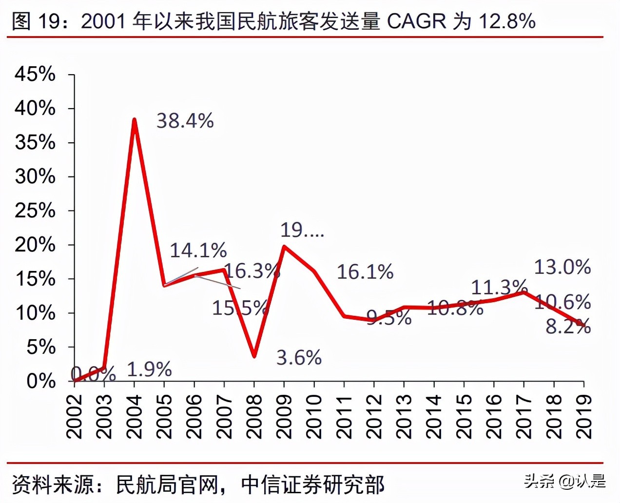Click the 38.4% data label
(x=185, y=121)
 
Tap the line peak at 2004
(x=134, y=119)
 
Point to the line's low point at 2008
(x=254, y=356)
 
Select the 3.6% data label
(x=299, y=358)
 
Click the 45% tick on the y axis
(x=35, y=75)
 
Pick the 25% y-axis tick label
(x=35, y=211)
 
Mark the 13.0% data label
(x=562, y=267)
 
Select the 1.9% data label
(x=149, y=369)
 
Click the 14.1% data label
(x=198, y=251)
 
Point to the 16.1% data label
(x=365, y=272)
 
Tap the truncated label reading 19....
(x=302, y=230)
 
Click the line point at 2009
(x=284, y=247)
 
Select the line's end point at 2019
(x=583, y=325)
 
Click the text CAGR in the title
(x=417, y=21)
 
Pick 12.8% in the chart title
(x=507, y=21)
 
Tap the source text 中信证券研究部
(x=312, y=484)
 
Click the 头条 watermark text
(x=539, y=481)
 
